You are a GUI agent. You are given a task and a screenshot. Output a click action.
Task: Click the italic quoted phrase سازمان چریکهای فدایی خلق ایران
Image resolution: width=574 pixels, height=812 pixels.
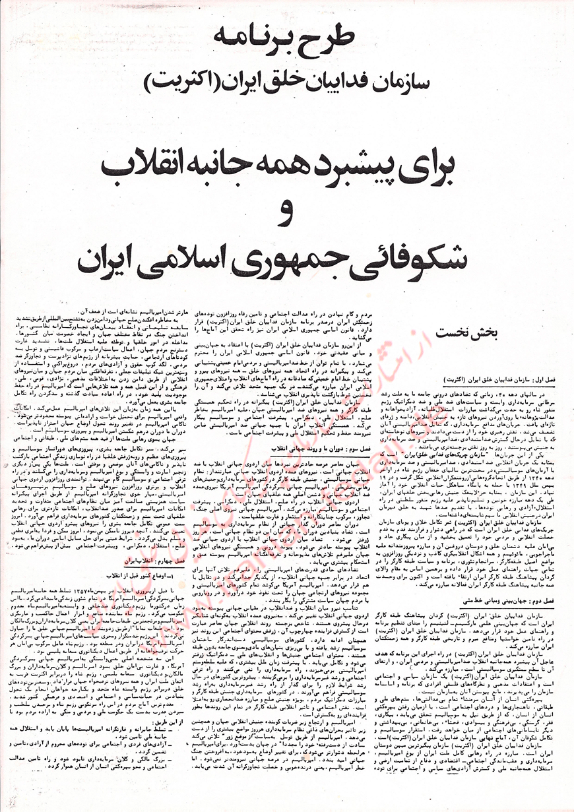pos(478,474)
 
